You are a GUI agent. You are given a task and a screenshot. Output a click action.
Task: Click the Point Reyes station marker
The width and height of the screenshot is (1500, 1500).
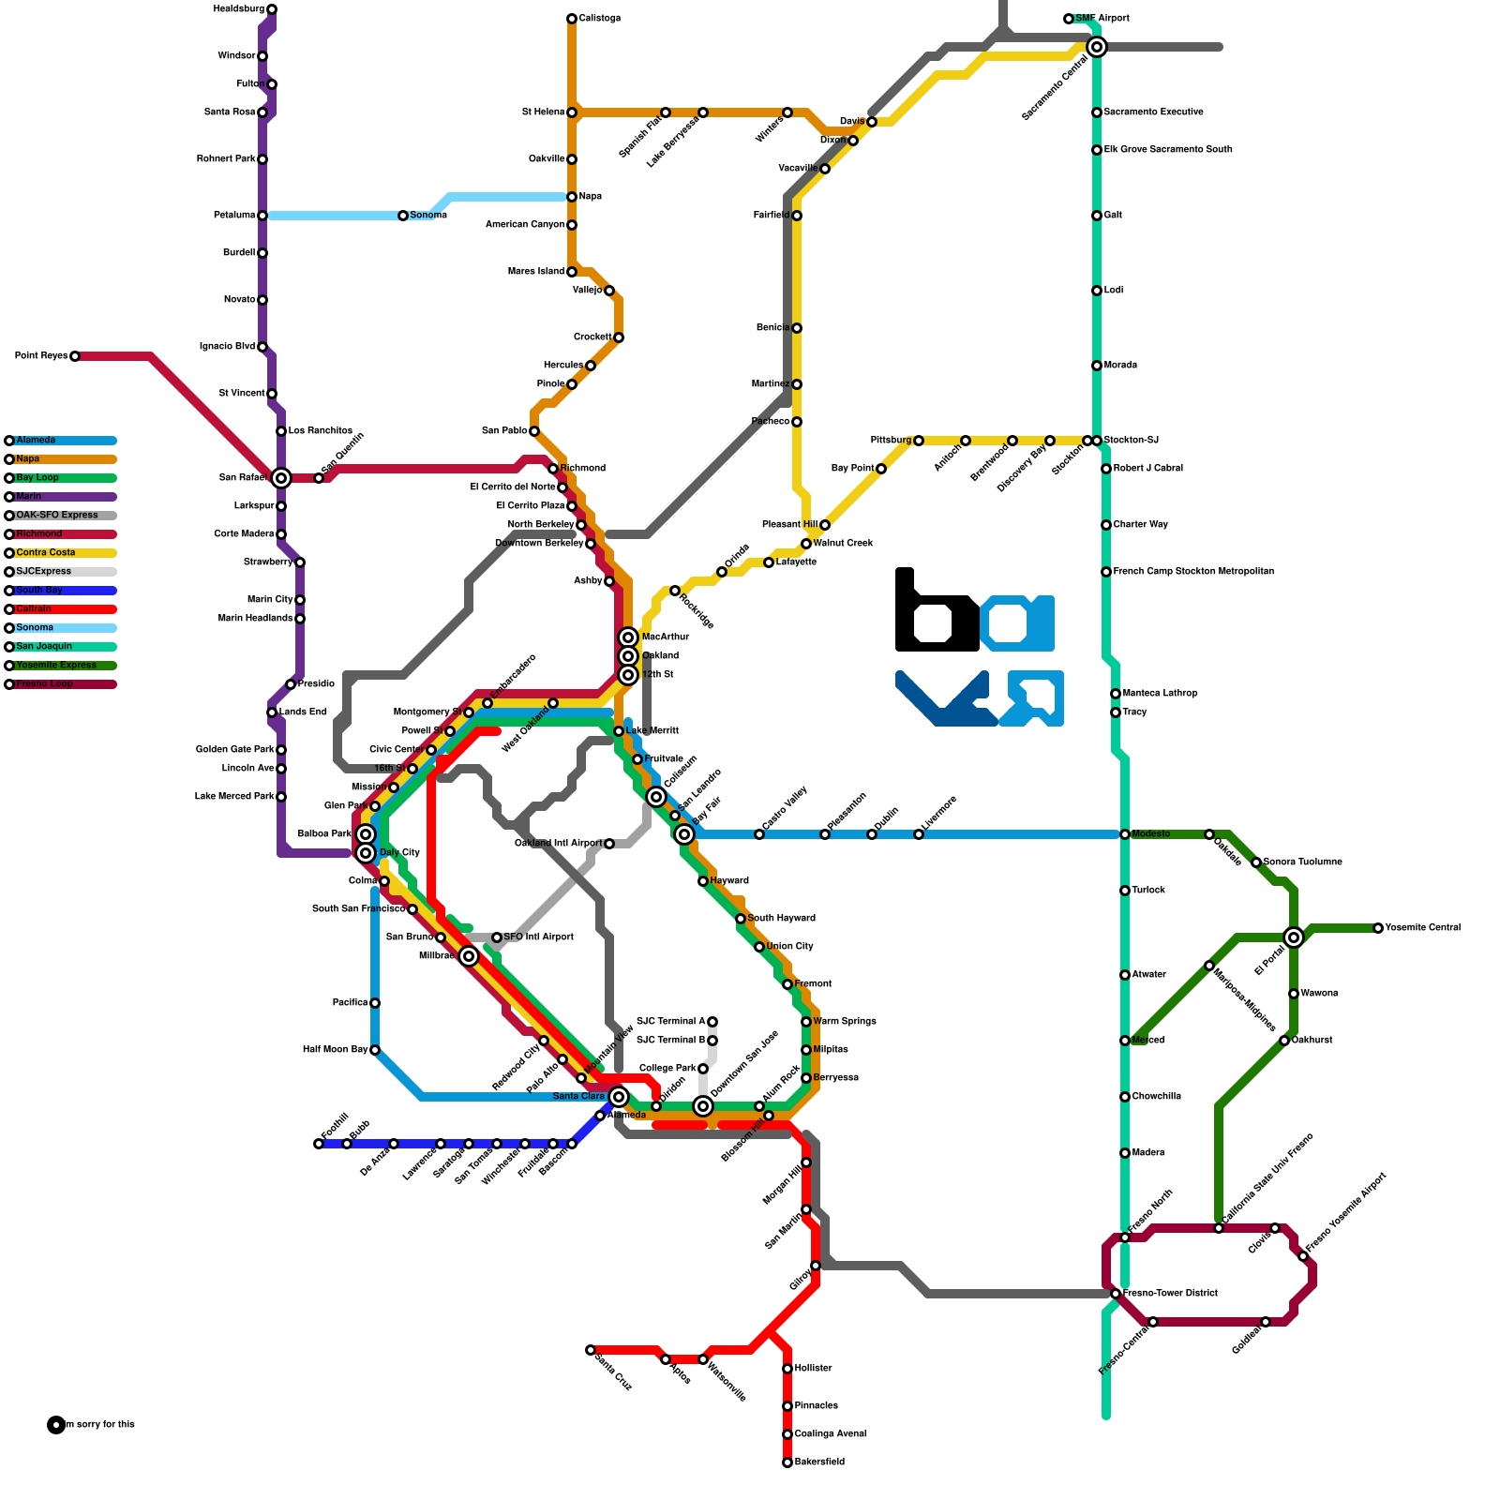coord(75,356)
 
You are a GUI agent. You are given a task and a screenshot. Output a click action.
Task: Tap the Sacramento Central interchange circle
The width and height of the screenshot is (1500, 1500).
coord(1096,47)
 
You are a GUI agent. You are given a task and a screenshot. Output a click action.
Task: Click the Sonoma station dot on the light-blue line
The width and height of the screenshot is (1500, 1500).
coord(403,216)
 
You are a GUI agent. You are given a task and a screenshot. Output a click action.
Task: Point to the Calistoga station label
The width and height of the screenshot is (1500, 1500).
coord(599,19)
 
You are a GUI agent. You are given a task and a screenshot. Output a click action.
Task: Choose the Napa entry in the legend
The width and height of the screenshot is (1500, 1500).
coord(61,459)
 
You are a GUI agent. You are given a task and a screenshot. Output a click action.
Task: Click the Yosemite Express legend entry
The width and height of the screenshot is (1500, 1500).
coord(61,666)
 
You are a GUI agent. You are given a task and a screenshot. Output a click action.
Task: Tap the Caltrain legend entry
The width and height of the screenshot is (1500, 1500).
coord(61,609)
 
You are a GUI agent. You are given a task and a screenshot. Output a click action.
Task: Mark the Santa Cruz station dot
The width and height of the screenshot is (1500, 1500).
coord(591,1350)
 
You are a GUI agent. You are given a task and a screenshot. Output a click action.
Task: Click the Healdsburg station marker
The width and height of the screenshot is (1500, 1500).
coord(272,9)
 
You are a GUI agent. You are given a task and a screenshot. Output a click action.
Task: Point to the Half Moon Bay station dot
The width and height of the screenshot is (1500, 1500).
coord(375,1050)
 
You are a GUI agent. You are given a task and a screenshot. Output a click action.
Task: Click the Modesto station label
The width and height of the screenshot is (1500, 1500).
coord(1150,834)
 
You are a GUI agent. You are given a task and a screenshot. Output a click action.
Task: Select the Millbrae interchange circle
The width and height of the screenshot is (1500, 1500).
coord(469,956)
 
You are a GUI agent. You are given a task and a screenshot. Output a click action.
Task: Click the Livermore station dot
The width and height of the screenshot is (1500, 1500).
coord(919,834)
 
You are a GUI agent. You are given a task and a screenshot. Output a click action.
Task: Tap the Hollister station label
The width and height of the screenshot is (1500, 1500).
coord(813,1369)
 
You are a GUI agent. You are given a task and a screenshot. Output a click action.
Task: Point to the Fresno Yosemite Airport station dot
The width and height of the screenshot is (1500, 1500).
coord(1303,1256)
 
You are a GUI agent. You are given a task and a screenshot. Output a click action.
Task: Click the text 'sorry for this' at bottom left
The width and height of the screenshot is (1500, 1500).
coord(104,1425)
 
